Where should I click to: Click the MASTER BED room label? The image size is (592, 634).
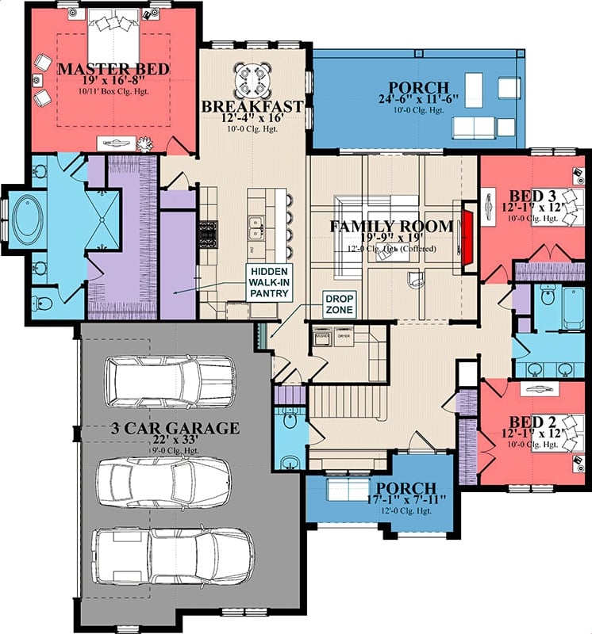[113, 70]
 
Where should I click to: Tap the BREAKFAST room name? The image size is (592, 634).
[252, 106]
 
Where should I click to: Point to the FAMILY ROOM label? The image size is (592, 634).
[391, 227]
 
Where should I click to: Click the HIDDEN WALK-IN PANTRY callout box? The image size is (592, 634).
[269, 281]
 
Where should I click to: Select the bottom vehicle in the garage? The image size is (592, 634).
[172, 554]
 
